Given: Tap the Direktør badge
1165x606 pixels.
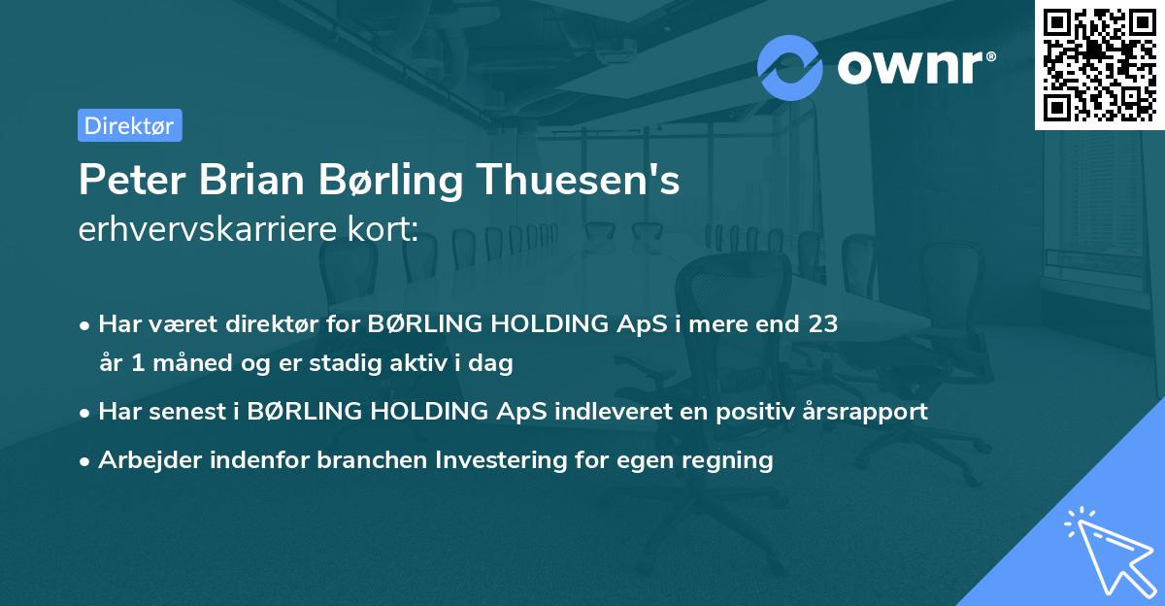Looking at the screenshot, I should [x=129, y=125].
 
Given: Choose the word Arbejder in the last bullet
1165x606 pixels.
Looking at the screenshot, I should [x=144, y=459].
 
